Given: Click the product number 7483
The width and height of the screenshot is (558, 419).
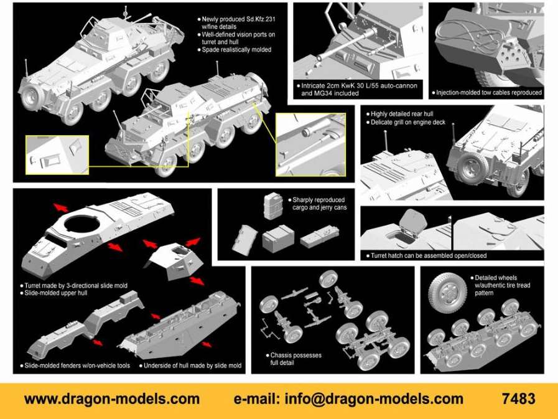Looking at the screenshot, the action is [x=519, y=398].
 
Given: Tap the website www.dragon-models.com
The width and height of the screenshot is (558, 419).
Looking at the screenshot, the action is [x=112, y=399].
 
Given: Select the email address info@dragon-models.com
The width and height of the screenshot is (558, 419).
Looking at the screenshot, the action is [x=374, y=399].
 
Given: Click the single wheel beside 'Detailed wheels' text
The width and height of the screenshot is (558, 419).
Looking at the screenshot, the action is [x=447, y=293].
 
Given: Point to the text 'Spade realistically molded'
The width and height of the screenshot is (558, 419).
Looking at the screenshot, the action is [x=236, y=50].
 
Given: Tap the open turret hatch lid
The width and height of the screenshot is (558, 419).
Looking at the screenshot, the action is [x=413, y=221].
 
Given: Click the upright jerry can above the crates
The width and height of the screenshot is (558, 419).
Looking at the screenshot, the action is [x=273, y=205].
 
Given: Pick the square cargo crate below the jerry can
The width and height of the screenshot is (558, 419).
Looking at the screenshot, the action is [x=278, y=238].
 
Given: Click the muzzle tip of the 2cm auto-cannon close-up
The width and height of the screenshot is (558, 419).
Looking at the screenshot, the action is [x=319, y=59].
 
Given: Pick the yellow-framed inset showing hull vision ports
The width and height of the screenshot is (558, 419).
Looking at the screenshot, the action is [x=57, y=154].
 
